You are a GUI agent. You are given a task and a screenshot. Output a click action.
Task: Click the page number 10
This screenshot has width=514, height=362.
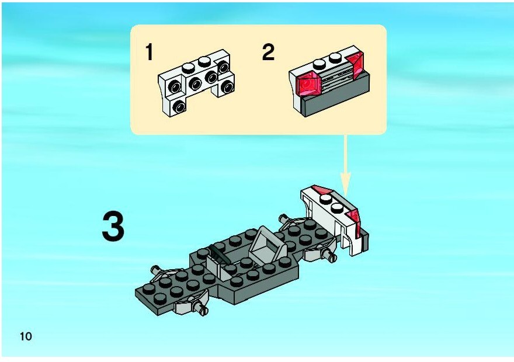26,336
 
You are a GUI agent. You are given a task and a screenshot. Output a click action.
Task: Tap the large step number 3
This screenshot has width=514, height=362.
113,227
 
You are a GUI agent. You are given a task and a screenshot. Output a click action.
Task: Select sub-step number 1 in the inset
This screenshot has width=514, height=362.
149,52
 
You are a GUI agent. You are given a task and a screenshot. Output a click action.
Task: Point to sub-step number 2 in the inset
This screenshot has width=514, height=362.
268,52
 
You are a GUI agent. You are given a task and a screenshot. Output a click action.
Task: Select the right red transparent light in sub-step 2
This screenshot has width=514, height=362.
355,65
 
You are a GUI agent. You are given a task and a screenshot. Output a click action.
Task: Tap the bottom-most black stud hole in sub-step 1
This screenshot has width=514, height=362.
179,106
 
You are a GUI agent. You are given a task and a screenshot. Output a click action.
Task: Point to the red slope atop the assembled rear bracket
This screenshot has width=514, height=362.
323,190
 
